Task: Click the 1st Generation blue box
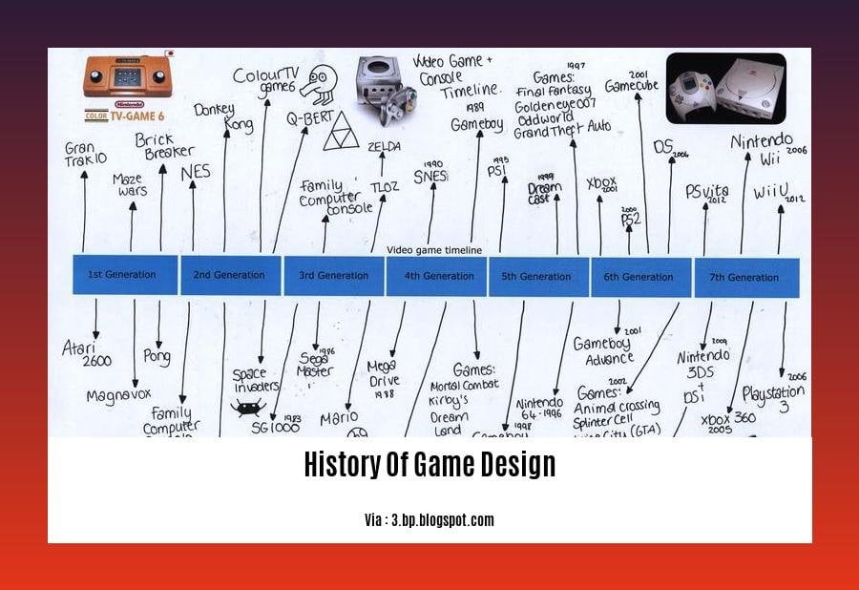(125, 275)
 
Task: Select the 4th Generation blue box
(436, 276)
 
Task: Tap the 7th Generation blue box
(746, 277)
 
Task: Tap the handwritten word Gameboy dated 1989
(477, 125)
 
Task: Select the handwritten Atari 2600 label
(87, 353)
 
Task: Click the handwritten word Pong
(157, 357)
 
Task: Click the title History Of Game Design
(429, 465)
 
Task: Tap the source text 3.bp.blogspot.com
(429, 520)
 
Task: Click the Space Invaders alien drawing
(246, 409)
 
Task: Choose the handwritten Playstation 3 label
(772, 398)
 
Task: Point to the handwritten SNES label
(430, 176)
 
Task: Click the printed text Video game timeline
(434, 250)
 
